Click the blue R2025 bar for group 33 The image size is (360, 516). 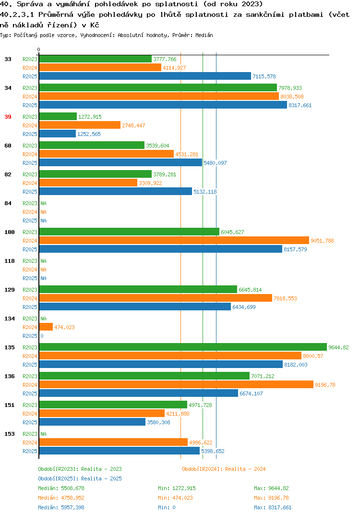(x=145, y=76)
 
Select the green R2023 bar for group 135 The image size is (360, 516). (x=183, y=347)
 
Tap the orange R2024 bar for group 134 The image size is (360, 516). (x=46, y=327)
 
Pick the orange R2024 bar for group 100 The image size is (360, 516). (x=174, y=240)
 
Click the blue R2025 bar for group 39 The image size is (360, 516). (x=58, y=134)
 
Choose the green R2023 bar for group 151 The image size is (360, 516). (x=113, y=405)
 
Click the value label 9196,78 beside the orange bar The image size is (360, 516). (x=325, y=385)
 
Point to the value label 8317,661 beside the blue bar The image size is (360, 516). (x=300, y=105)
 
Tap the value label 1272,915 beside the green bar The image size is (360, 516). (x=90, y=117)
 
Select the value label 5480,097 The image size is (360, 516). (x=215, y=163)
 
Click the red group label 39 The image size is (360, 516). (x=8, y=117)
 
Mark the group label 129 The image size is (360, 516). (x=10, y=290)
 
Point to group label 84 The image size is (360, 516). (x=8, y=203)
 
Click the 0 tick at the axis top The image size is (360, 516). (x=39, y=49)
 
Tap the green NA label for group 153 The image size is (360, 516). (x=43, y=434)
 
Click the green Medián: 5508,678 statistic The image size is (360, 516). (x=61, y=488)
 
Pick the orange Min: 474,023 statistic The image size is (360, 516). (x=175, y=498)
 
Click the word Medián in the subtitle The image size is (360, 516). (x=204, y=35)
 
